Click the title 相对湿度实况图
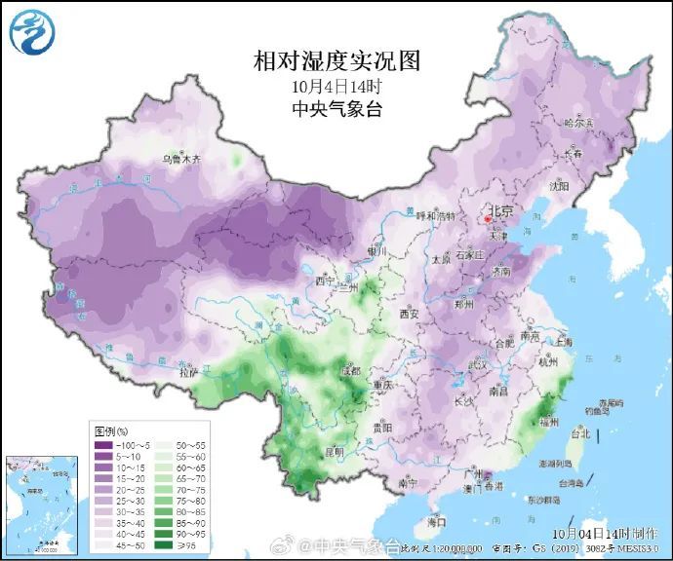click(336, 62)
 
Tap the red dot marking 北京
click(489, 220)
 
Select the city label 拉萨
click(188, 372)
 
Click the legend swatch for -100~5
click(104, 445)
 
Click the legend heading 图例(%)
click(111, 430)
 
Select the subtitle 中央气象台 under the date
click(336, 109)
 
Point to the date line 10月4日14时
click(336, 87)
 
